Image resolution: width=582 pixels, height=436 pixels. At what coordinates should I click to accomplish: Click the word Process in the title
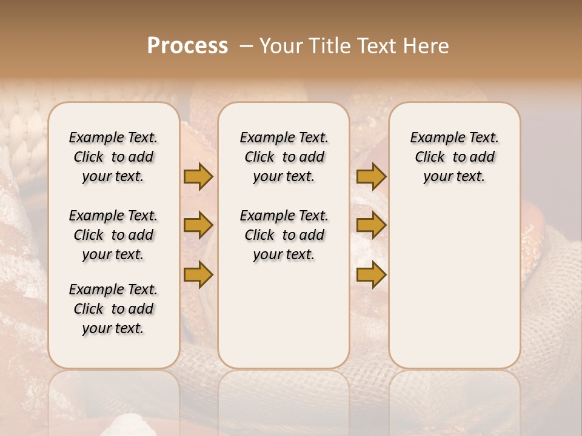click(x=187, y=46)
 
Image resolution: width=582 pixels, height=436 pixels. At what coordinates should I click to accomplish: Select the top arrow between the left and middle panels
click(x=198, y=176)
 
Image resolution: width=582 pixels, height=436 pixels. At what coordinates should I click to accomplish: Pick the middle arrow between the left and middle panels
click(x=198, y=225)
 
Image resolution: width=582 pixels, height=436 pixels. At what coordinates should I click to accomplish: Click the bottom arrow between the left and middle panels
click(x=198, y=274)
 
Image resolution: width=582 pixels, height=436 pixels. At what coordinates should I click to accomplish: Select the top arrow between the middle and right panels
click(x=371, y=176)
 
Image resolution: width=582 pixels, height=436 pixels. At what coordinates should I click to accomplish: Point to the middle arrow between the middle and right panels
click(x=371, y=225)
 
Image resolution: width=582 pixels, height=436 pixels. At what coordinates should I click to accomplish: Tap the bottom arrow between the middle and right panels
click(x=371, y=274)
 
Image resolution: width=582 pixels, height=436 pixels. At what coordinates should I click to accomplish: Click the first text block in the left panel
click(x=113, y=157)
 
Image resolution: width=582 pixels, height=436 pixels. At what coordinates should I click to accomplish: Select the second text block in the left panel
click(x=113, y=235)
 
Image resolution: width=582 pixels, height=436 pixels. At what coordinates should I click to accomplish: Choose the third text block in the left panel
click(x=113, y=309)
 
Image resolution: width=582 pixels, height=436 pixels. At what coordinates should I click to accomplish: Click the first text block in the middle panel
click(x=284, y=157)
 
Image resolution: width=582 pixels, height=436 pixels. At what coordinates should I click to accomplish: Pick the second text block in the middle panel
click(x=284, y=235)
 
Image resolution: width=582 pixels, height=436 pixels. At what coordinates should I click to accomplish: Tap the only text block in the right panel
click(x=454, y=157)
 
